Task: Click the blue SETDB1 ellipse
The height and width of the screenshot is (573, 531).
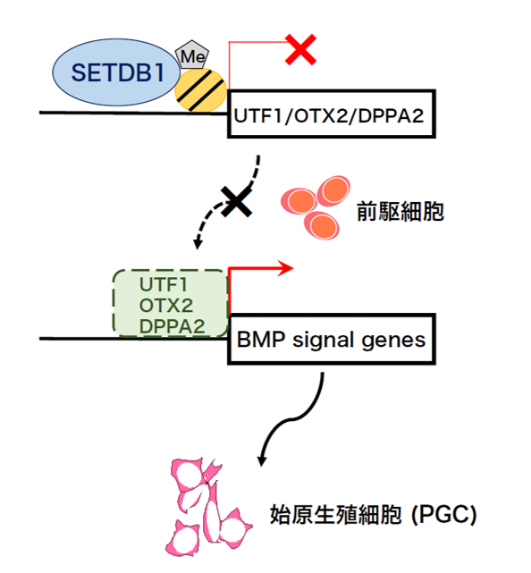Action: click(116, 72)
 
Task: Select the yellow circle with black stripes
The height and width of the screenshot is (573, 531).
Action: click(200, 90)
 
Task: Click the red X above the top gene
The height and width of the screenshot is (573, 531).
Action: click(300, 49)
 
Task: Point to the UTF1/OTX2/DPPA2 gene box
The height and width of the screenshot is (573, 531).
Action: click(332, 114)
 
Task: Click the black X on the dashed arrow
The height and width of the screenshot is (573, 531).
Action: click(237, 201)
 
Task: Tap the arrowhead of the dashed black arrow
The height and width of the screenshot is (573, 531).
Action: click(198, 243)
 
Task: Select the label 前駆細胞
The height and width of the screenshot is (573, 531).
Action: click(400, 211)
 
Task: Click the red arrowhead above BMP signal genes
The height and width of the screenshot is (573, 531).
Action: click(285, 268)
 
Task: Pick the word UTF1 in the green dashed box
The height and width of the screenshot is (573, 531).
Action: click(163, 284)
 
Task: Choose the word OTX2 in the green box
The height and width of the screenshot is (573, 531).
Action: click(166, 305)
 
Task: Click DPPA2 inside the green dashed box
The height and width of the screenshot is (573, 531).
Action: click(172, 326)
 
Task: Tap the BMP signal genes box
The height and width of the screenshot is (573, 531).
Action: click(332, 339)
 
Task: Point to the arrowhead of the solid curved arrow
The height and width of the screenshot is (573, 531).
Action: click(261, 461)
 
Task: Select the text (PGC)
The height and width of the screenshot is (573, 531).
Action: click(443, 515)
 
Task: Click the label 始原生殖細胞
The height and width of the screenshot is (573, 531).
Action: click(336, 515)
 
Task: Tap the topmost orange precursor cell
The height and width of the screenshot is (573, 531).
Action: click(333, 191)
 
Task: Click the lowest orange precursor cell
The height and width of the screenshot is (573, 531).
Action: click(322, 225)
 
